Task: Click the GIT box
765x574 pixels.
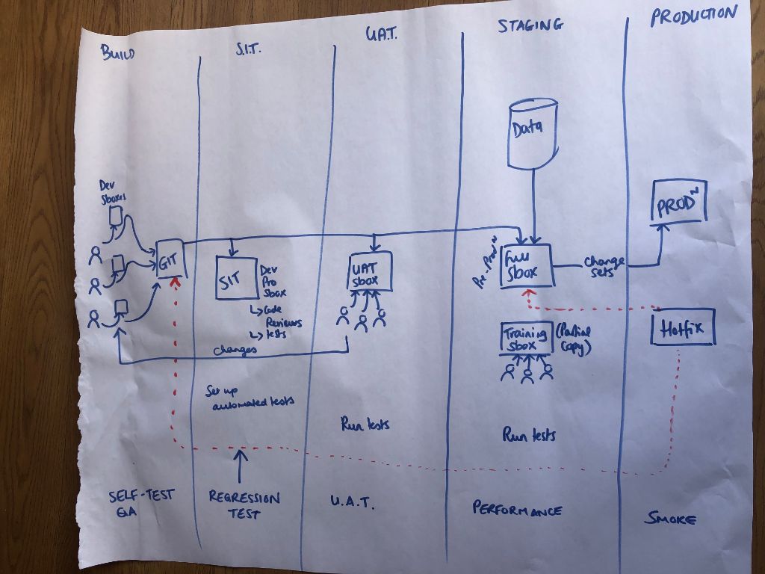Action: tap(170, 261)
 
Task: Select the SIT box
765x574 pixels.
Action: tap(235, 278)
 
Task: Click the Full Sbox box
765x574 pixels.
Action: tap(527, 265)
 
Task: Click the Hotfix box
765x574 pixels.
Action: tap(683, 327)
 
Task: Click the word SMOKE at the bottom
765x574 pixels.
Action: tap(670, 518)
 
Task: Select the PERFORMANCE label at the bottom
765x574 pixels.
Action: tap(517, 509)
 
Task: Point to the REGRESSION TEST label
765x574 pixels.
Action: tap(244, 504)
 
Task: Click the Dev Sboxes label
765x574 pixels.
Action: tap(114, 191)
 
